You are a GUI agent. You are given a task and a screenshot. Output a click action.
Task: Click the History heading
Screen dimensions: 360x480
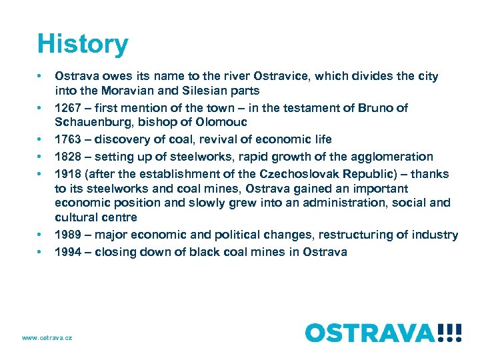pos(83,45)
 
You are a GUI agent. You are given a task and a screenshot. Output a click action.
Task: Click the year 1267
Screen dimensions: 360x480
pos(67,108)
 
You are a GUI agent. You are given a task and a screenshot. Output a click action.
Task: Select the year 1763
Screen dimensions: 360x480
pos(67,139)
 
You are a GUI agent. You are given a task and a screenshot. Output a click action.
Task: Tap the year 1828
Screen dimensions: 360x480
pos(67,157)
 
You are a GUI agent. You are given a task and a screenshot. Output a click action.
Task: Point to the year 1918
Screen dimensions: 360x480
pos(67,174)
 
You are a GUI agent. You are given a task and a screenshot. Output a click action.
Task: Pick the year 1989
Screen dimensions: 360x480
pos(67,235)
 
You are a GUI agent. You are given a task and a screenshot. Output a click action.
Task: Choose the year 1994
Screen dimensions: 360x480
pos(67,252)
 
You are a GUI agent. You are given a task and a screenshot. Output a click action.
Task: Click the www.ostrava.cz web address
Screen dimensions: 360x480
pos(47,338)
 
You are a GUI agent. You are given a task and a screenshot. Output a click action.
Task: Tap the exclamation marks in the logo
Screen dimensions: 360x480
pos(449,332)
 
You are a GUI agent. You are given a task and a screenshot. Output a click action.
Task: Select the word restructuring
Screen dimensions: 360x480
pos(369,235)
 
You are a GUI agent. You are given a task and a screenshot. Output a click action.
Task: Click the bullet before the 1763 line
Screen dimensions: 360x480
pos(41,139)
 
